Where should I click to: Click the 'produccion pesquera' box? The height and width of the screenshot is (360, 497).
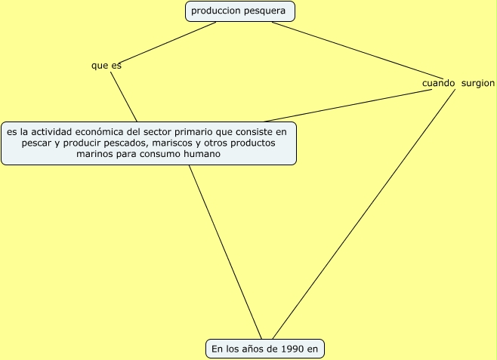(239, 11)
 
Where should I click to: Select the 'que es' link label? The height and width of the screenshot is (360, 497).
(106, 66)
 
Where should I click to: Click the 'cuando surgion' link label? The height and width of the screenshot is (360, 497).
(458, 83)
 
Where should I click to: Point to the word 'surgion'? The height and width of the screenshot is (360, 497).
(477, 83)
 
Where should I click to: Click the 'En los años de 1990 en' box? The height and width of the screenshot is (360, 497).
(264, 349)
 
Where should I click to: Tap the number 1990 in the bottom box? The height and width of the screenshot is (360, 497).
(292, 349)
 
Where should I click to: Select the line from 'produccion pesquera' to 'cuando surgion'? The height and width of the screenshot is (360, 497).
(347, 49)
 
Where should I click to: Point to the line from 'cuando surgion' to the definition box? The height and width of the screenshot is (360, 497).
(347, 106)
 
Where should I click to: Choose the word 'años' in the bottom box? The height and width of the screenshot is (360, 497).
(245, 349)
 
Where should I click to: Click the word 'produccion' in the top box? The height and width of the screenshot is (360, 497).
(215, 11)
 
